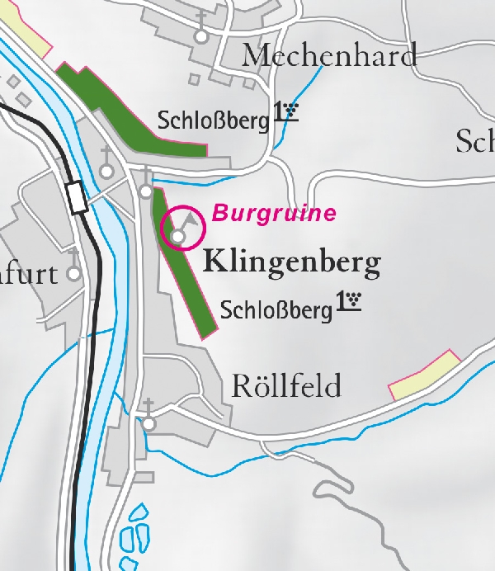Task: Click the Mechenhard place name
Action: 329,56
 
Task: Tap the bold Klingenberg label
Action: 292,263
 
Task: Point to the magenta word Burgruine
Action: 274,214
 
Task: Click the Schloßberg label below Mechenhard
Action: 213,121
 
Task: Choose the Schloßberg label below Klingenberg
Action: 276,310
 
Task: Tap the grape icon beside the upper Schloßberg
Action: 286,112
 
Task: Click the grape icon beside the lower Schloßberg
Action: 350,301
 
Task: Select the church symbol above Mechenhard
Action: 200,36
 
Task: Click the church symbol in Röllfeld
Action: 148,423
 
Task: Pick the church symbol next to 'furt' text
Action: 74,273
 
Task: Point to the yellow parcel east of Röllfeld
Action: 424,375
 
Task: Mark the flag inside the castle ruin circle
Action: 191,219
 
